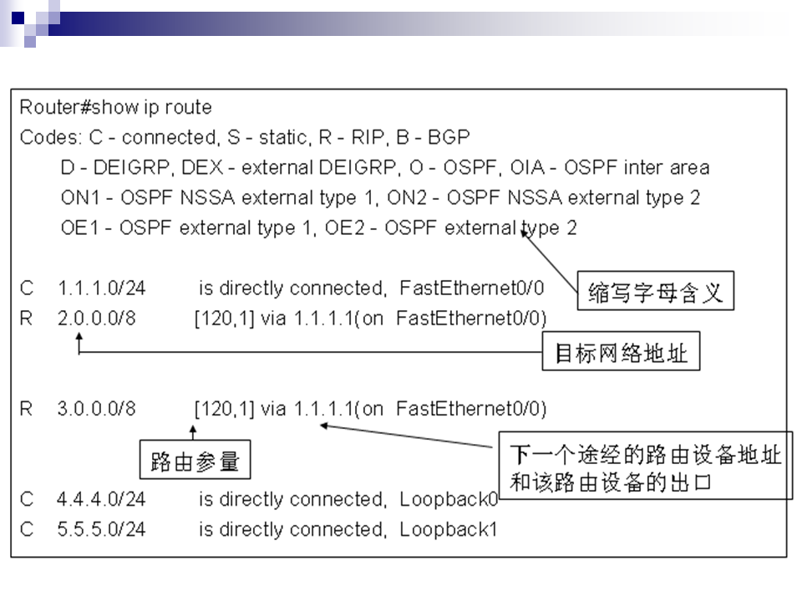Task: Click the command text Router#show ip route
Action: tap(115, 107)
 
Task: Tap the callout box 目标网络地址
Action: tap(621, 354)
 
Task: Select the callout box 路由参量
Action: tap(195, 461)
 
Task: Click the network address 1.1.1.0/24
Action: tap(101, 288)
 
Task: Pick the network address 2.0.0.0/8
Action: tap(96, 318)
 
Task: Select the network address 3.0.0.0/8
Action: tap(96, 409)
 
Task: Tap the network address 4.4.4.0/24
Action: tap(101, 499)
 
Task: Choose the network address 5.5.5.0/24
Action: tap(101, 529)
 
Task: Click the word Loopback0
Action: tap(449, 499)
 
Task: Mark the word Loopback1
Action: tap(449, 529)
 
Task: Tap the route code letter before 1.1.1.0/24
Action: tap(27, 288)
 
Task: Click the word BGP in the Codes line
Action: tap(449, 136)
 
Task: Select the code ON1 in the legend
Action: tap(80, 197)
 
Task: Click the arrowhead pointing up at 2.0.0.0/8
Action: tap(79, 336)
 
